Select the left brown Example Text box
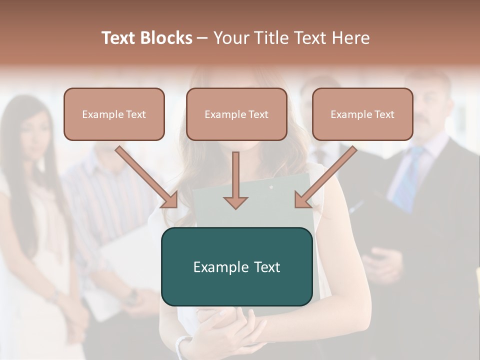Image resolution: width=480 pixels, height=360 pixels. (114, 114)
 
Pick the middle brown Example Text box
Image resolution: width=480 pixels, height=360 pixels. (236, 114)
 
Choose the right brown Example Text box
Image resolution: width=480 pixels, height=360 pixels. (362, 114)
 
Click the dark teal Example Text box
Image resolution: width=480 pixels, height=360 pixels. (236, 266)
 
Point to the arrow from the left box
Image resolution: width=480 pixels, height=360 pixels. (147, 177)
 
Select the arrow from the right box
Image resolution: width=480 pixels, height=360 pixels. (325, 177)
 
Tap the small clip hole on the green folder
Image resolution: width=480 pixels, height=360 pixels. (271, 187)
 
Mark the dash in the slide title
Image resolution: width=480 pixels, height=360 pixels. (202, 38)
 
